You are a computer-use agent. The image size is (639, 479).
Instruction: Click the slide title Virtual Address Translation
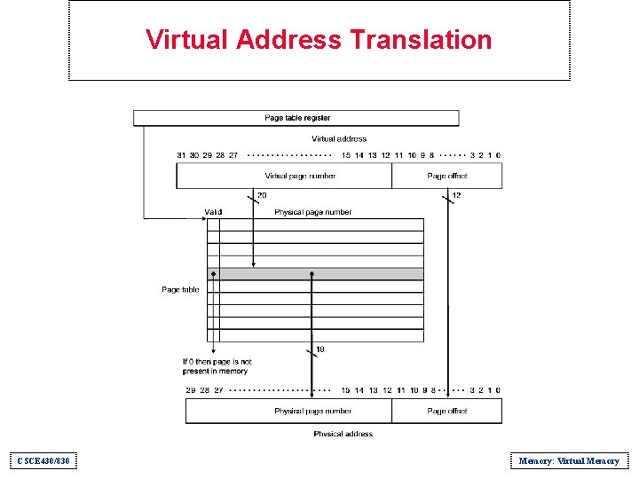[319, 40]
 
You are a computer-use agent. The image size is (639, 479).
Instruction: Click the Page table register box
[296, 118]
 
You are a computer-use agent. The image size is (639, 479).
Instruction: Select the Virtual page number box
[284, 176]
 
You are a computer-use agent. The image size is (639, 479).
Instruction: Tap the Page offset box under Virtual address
[446, 176]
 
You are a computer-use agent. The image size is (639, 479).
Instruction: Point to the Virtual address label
[339, 138]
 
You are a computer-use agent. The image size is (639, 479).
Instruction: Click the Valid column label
[213, 212]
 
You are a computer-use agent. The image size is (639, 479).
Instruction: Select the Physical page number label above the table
[312, 212]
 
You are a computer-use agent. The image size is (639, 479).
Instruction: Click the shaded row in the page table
[315, 274]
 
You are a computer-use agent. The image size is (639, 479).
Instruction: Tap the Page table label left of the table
[180, 289]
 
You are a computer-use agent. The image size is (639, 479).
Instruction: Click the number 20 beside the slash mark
[262, 195]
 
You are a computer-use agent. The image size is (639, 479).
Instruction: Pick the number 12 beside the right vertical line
[456, 195]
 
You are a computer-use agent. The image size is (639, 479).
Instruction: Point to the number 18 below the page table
[320, 349]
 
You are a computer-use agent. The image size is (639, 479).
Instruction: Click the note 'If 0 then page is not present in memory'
[217, 366]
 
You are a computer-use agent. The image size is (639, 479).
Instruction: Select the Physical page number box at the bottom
[288, 411]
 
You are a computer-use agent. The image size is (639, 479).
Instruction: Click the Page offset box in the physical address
[446, 411]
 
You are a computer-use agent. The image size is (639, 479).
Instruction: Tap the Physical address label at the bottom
[343, 434]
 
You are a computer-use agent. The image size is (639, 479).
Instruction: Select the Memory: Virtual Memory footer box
[569, 460]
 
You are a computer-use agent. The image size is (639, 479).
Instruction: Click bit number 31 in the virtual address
[181, 155]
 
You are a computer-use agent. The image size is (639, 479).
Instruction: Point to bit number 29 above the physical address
[190, 390]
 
